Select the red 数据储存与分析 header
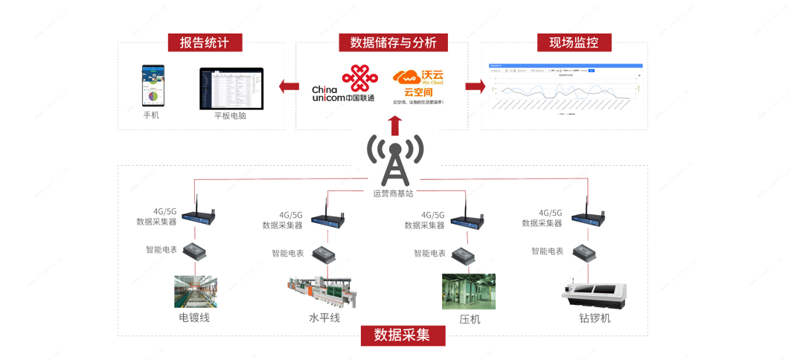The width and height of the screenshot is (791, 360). tap(393, 42)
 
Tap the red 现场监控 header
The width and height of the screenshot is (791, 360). tap(574, 42)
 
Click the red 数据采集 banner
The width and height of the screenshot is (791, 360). tap(403, 335)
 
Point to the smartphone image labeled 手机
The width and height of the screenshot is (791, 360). tap(153, 86)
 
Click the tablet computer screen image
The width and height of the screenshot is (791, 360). tap(231, 89)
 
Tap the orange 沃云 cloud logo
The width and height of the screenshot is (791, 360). tap(407, 77)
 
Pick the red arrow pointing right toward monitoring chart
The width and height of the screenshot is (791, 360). tap(475, 87)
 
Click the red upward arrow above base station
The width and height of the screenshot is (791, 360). tap(395, 125)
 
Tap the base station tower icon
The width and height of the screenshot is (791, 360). tap(394, 161)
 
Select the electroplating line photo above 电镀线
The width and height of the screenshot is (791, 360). tap(195, 291)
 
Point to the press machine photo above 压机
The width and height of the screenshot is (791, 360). tap(468, 291)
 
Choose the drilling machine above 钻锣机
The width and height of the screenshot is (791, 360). tap(594, 292)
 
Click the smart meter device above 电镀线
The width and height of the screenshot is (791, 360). tap(195, 251)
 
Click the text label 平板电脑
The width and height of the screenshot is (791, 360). tap(231, 116)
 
